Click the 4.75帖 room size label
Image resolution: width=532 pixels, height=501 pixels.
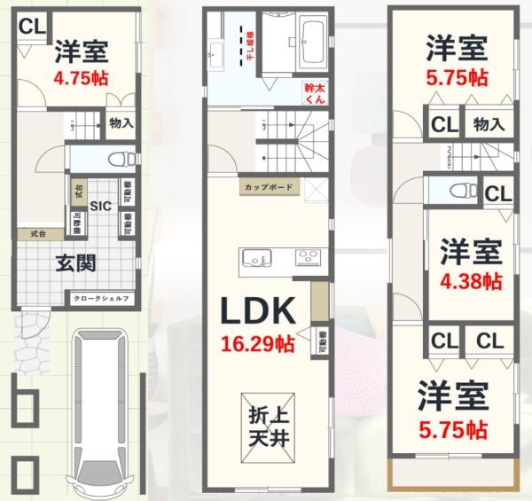(x=81, y=77)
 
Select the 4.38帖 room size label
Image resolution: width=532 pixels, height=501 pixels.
(x=471, y=283)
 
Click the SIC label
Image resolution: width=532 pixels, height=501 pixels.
(x=99, y=206)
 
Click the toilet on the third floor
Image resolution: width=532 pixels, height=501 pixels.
(x=457, y=191)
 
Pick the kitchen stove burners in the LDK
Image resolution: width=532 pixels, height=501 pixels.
(x=308, y=258)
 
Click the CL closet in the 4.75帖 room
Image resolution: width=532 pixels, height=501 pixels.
(x=32, y=27)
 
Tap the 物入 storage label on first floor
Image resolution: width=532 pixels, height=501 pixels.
(x=121, y=123)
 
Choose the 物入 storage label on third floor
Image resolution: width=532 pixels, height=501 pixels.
(x=488, y=123)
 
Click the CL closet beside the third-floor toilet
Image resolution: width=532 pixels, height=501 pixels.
(x=497, y=192)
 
